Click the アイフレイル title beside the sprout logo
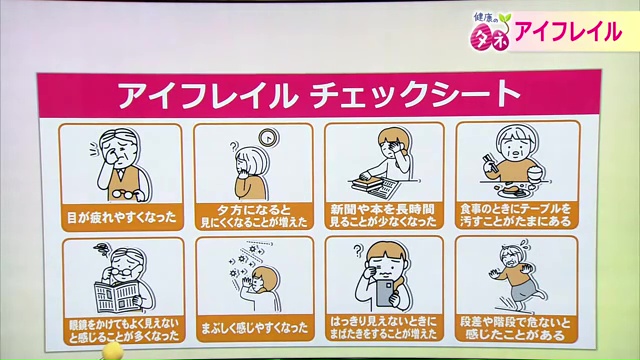coord(569,31)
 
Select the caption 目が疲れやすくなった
coord(107,213)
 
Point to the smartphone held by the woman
coord(385,292)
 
